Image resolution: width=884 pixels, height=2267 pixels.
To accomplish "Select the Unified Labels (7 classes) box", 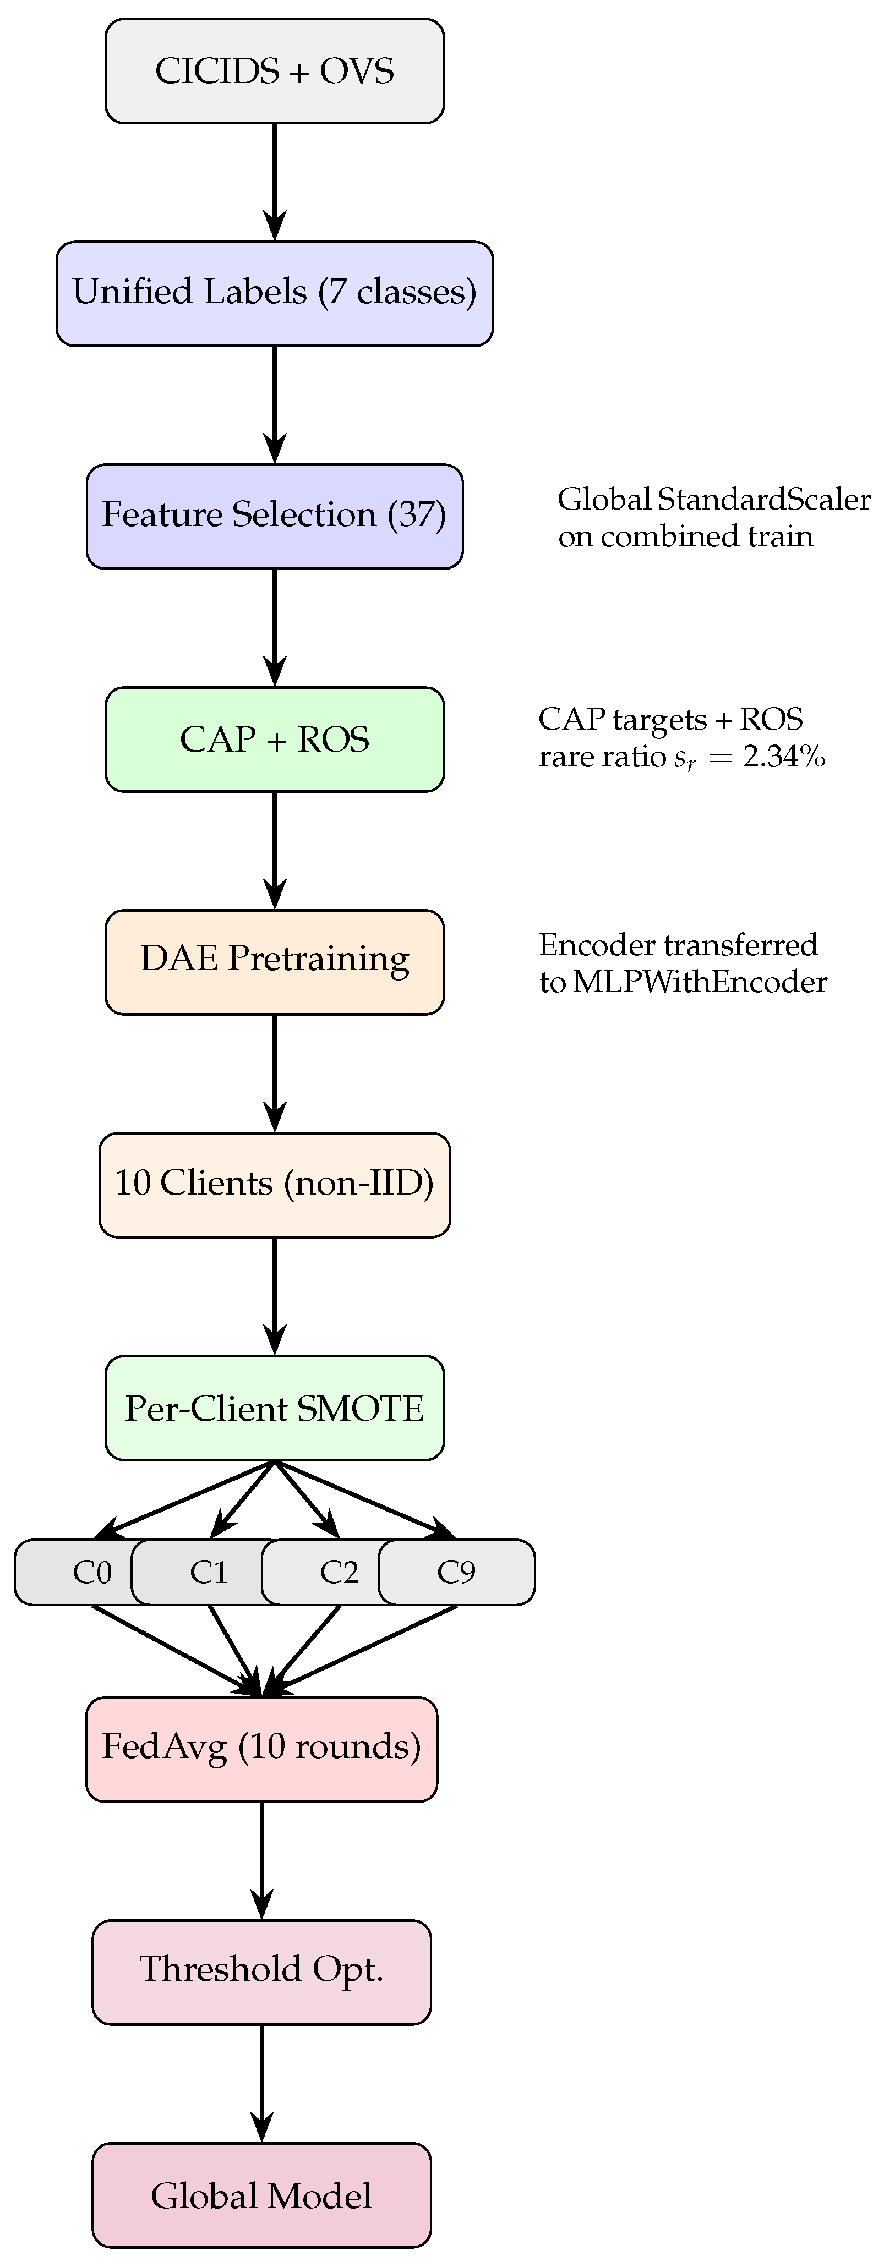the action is [x=275, y=294].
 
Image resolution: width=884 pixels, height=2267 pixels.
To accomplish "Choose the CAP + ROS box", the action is [x=275, y=739].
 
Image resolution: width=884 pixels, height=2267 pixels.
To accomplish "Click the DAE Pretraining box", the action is [x=275, y=962].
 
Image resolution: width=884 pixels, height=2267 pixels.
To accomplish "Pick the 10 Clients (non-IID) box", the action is [x=275, y=1185].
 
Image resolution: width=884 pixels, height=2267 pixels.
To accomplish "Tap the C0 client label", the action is [x=92, y=1571].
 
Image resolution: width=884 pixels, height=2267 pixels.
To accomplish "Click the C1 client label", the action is [x=210, y=1571].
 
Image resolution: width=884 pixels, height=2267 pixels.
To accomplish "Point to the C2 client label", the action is [x=339, y=1571].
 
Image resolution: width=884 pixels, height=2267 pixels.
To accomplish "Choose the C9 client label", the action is [x=456, y=1571].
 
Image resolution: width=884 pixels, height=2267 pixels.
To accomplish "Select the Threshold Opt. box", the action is [x=261, y=1972].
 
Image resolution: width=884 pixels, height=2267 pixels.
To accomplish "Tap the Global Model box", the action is [x=261, y=2195].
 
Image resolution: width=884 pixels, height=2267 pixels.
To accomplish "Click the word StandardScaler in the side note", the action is [x=764, y=499].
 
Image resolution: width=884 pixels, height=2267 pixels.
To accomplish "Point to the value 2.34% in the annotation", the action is [x=784, y=756].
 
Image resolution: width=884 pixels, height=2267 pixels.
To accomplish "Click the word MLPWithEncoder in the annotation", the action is [x=700, y=981].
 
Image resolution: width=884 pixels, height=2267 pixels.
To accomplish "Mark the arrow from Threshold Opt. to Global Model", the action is [x=261, y=2083].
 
